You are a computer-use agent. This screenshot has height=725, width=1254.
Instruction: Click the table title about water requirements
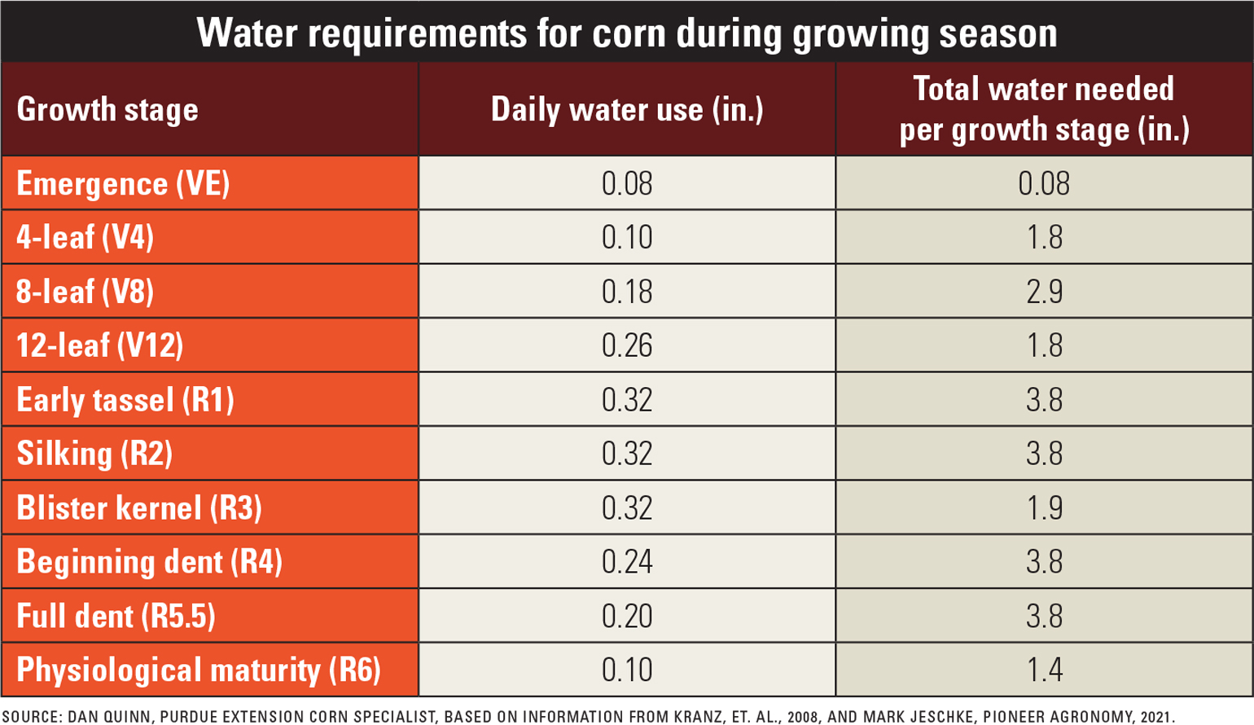point(626,33)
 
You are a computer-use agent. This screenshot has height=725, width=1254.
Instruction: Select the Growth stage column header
point(107,109)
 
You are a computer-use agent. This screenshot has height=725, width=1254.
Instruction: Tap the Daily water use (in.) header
point(626,109)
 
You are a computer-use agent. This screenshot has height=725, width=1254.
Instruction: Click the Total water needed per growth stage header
point(1043,109)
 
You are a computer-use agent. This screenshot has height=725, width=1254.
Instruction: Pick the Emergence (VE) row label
point(123,183)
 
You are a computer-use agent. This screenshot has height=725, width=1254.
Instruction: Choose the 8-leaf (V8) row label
point(85,292)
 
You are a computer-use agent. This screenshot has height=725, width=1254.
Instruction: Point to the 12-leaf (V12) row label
point(99,345)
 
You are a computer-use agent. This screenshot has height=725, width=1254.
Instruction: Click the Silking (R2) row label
point(94,454)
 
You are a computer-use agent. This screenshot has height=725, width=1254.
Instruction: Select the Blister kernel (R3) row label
point(138,507)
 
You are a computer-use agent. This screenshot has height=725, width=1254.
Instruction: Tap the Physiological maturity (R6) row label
point(199,670)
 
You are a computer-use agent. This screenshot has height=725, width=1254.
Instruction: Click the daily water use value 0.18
point(626,292)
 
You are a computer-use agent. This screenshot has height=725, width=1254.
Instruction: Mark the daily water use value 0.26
point(626,345)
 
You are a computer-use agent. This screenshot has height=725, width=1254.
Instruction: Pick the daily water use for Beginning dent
point(626,562)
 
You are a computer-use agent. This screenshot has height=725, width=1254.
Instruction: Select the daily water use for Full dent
point(626,616)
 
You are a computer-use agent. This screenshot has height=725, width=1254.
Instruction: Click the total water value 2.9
point(1043,292)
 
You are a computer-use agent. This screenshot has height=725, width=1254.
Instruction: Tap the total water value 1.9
point(1043,507)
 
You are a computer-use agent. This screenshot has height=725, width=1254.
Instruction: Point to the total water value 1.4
point(1043,670)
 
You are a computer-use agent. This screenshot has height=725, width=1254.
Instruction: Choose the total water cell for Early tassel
point(1043,400)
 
